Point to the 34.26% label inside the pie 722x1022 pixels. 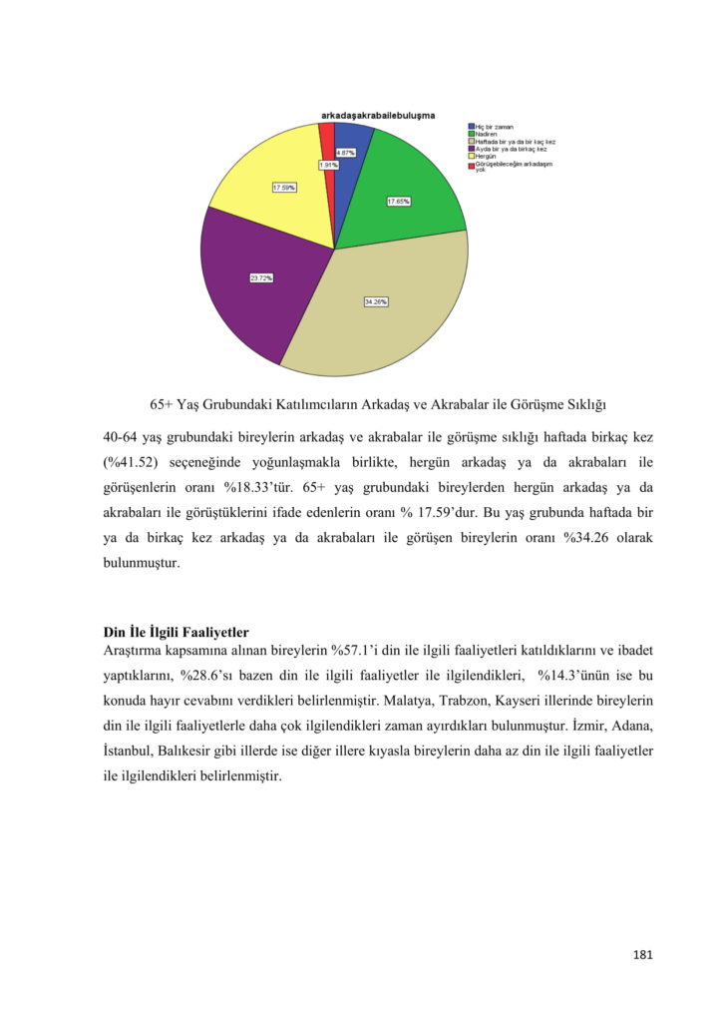(376, 301)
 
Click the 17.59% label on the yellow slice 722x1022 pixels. (284, 188)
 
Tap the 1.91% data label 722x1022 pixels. (329, 165)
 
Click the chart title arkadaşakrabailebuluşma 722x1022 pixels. (377, 116)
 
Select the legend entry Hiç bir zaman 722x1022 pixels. (494, 127)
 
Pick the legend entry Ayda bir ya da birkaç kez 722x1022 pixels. (510, 149)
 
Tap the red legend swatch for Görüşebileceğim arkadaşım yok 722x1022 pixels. (471, 165)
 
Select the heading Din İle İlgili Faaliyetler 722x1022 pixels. (177, 632)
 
